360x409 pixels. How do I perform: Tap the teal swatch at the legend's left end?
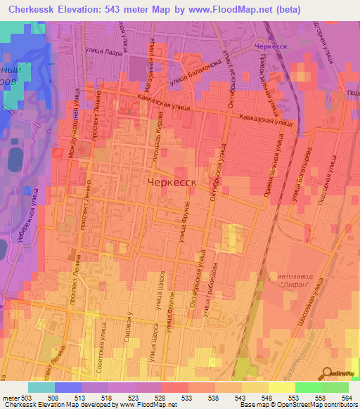click(x=41, y=387)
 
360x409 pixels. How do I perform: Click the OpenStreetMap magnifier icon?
click(x=325, y=372)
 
